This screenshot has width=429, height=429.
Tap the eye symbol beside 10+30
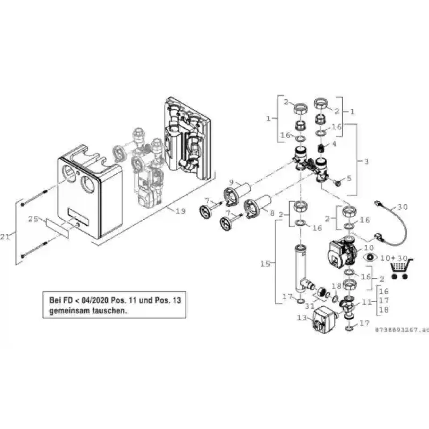[371, 258]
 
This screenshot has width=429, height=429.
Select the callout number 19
[180, 211]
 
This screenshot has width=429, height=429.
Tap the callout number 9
[217, 182]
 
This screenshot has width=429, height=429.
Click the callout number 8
[272, 214]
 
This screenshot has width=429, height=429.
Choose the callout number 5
[350, 178]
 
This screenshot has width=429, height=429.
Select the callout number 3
[367, 161]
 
